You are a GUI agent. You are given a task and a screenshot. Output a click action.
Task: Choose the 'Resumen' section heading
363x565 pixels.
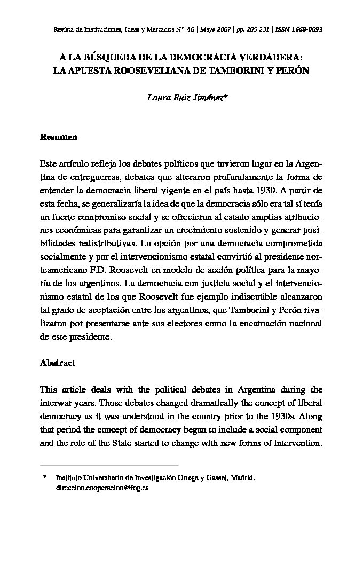tap(59, 137)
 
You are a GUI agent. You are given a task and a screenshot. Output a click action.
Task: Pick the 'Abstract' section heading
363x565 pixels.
tap(58, 363)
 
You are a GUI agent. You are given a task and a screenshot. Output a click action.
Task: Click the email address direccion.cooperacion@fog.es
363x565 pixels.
tap(102, 488)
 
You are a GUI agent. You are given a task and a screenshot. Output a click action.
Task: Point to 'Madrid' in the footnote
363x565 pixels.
tap(243, 478)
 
